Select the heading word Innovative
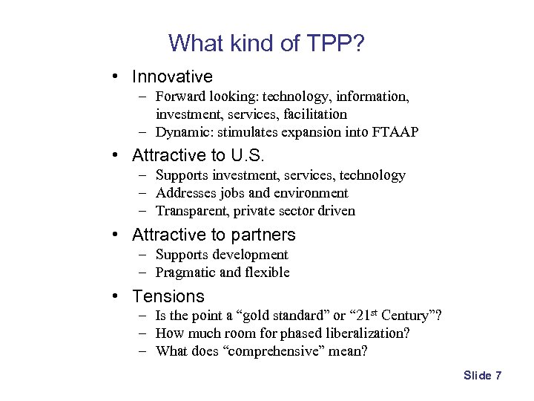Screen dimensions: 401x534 [x=172, y=76]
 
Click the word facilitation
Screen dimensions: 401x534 [x=309, y=114]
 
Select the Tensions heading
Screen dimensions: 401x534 [x=168, y=296]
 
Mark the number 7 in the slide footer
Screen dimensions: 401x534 [x=498, y=376]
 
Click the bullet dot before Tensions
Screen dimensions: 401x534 [x=117, y=296]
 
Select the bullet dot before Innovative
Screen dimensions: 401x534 [x=117, y=76]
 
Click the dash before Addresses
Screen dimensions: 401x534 [x=141, y=193]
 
